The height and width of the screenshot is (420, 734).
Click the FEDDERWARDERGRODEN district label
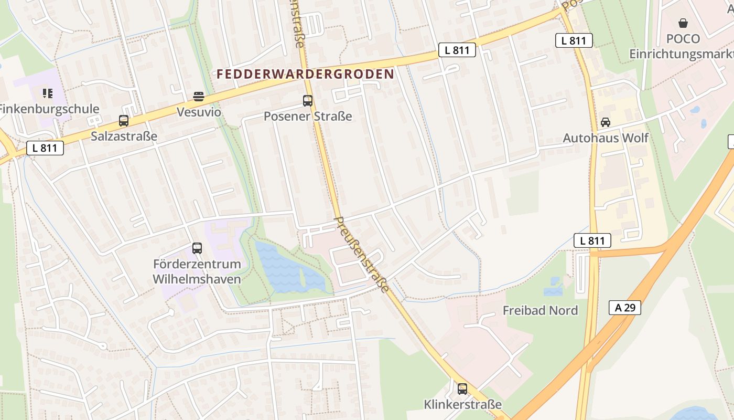click(305, 74)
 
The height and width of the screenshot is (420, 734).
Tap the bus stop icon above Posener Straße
click(308, 101)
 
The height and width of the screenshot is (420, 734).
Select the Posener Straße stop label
click(308, 116)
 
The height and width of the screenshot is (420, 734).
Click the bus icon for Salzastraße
click(124, 121)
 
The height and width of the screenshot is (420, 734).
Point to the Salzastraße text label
click(124, 136)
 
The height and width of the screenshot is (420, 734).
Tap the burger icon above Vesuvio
click(198, 97)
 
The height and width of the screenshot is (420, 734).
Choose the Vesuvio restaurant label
click(199, 112)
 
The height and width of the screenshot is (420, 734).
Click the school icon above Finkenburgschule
click(48, 93)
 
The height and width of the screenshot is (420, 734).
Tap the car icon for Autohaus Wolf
click(606, 122)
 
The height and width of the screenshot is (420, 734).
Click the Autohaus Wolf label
click(606, 138)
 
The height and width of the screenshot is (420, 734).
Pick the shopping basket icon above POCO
click(683, 23)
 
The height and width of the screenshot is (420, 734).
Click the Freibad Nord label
click(540, 310)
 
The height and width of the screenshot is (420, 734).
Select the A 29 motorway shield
click(625, 308)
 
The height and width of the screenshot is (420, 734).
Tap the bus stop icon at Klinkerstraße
click(462, 389)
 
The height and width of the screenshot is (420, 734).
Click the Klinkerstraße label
click(462, 405)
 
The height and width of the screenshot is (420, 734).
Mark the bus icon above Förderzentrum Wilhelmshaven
click(197, 248)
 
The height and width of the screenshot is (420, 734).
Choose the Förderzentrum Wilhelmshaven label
click(197, 271)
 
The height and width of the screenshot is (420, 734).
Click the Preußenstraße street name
click(362, 255)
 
